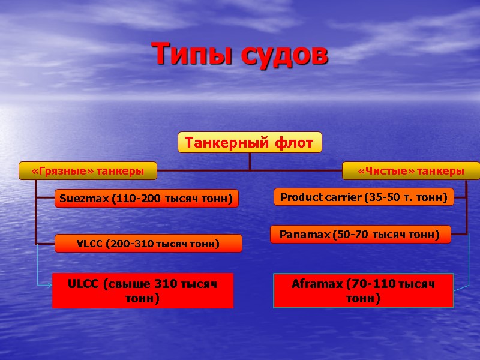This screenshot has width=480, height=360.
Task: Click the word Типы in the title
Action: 193,55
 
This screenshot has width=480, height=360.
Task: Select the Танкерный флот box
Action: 250,143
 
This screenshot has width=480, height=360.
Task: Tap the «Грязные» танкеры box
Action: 88,171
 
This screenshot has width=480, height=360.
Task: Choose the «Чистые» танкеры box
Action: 411,171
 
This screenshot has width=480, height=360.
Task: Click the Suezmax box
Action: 146,199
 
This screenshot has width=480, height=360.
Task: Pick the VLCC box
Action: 148,244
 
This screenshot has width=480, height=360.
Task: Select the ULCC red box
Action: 143,291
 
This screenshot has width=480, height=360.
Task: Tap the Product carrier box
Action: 364,197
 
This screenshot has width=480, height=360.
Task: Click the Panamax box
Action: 361,234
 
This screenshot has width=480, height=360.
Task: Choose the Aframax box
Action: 364,291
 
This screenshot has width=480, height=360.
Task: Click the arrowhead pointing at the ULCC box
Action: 49,286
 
